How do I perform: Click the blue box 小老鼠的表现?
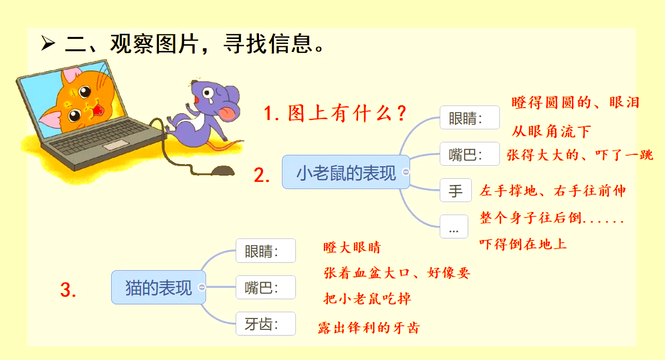tap(346, 172)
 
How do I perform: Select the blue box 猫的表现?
tap(158, 287)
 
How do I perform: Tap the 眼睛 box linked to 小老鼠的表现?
tap(469, 117)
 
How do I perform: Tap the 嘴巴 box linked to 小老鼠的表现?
tap(469, 154)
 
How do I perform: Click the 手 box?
tap(455, 191)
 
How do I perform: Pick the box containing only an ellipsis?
tap(454, 227)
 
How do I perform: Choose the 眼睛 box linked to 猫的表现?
tap(265, 251)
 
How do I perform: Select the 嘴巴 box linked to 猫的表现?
tap(265, 287)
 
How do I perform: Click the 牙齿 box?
tap(265, 324)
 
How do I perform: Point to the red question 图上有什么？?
tap(335, 113)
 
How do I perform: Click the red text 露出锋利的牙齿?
tap(369, 328)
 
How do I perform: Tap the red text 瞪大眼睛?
tap(352, 247)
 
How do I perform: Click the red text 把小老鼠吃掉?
tap(368, 298)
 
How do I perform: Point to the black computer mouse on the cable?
tap(222, 170)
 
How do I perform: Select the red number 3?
tap(69, 290)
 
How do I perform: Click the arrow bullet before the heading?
tap(48, 44)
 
